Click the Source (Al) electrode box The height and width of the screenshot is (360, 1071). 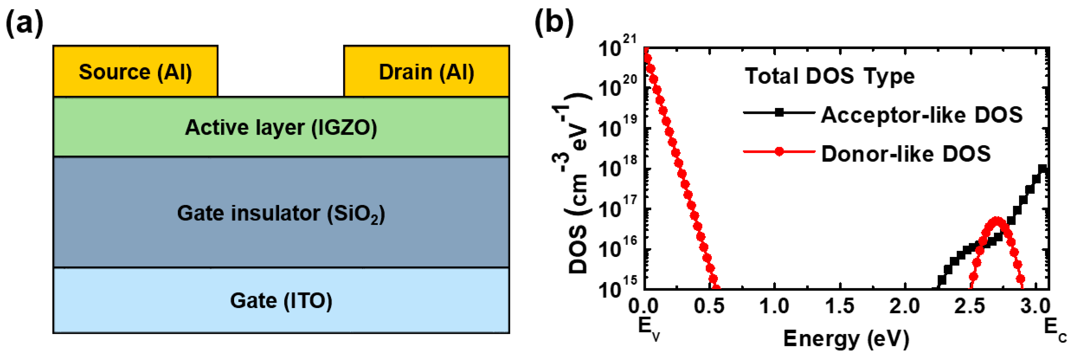(135, 72)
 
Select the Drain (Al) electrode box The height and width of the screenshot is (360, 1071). (426, 72)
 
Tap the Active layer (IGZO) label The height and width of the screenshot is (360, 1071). (281, 127)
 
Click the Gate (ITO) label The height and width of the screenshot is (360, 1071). (281, 300)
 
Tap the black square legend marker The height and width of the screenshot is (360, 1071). (779, 112)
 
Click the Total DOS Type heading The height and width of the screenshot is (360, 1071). (829, 76)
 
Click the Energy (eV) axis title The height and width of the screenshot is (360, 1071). (846, 338)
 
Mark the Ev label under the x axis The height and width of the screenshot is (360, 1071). (649, 329)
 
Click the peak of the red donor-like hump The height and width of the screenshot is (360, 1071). (997, 220)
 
